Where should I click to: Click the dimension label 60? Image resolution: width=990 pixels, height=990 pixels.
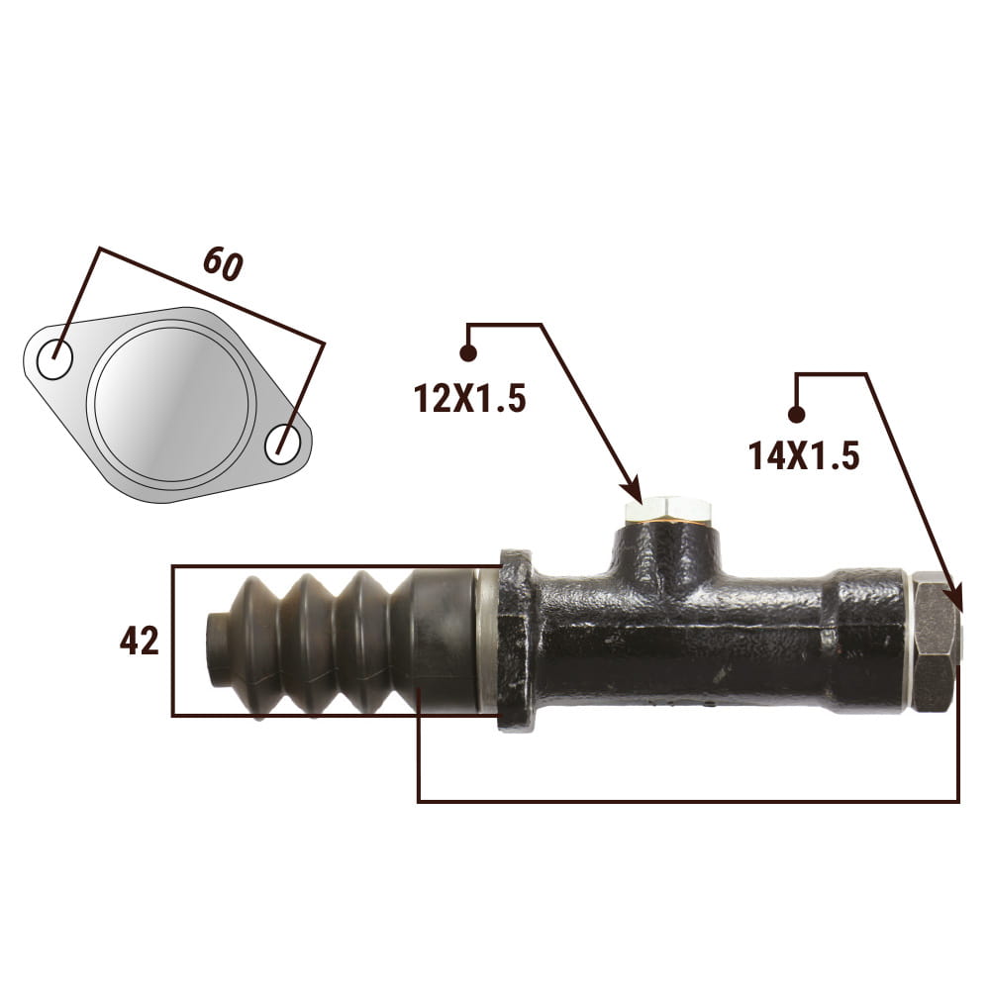(223, 264)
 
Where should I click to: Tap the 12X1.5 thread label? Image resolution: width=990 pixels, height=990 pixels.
(469, 398)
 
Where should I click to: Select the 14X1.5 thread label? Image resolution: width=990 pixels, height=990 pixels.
(804, 455)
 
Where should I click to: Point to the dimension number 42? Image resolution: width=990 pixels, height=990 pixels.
(140, 641)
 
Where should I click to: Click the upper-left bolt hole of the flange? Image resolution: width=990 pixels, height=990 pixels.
(54, 359)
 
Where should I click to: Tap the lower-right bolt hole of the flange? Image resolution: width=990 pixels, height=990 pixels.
(282, 445)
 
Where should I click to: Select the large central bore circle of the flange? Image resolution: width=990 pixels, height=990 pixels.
(171, 405)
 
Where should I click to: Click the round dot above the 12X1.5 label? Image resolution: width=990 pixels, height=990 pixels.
(468, 353)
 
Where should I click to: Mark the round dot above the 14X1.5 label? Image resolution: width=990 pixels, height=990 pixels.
(797, 415)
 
